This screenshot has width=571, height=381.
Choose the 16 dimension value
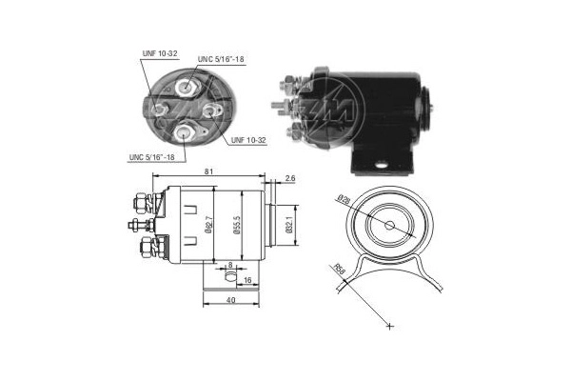coord(246,282)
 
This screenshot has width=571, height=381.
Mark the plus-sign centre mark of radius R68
coord(389,327)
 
